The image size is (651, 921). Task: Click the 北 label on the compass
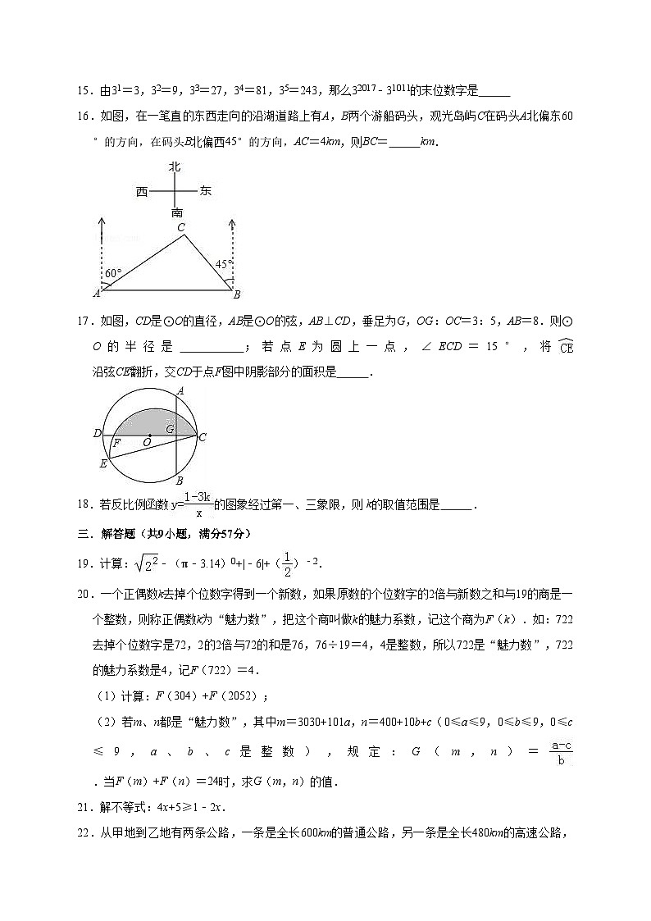pos(174,167)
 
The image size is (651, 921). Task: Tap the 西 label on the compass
pos(143,192)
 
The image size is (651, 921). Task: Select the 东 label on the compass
pos(205,191)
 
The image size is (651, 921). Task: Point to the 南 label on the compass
pos(176,212)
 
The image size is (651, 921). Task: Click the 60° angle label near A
pos(113,273)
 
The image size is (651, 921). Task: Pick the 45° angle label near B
pos(223,264)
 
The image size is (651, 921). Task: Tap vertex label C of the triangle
pos(181,227)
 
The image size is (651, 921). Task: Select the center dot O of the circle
pos(149,435)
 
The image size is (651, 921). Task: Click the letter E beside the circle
pos(102,464)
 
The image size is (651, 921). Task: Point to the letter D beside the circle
pos(97,433)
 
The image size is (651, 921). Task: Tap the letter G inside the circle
pos(170,428)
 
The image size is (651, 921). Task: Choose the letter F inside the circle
pos(117,443)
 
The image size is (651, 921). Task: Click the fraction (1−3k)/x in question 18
pos(198,504)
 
